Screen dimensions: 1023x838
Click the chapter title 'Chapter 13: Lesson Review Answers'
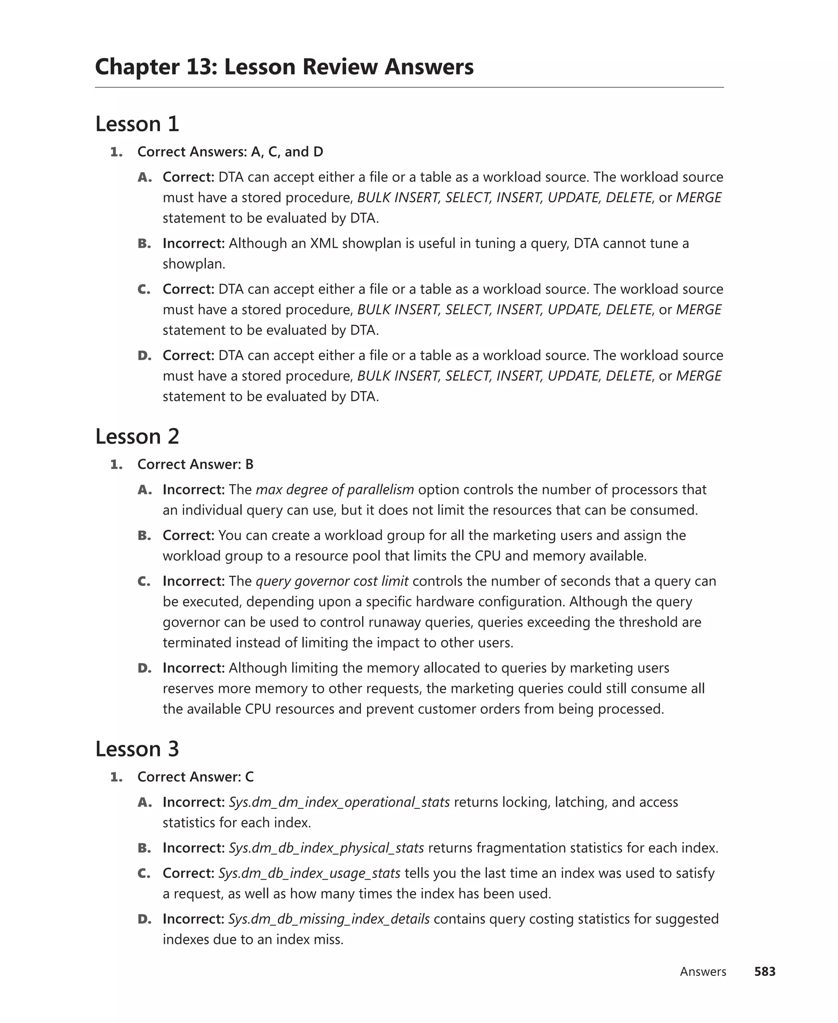(x=284, y=67)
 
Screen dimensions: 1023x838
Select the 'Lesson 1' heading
(x=137, y=124)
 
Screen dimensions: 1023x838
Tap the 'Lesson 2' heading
(x=137, y=437)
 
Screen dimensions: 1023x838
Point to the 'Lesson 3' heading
(x=137, y=749)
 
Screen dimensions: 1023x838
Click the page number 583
(x=765, y=971)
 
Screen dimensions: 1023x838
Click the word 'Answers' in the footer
(x=703, y=971)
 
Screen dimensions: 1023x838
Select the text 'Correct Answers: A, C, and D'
(x=230, y=152)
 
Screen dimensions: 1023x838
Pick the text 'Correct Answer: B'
(x=196, y=464)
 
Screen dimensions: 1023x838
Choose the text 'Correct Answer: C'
(x=196, y=776)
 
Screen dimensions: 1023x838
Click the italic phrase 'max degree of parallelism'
(x=335, y=489)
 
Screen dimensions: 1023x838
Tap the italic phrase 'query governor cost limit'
(x=332, y=581)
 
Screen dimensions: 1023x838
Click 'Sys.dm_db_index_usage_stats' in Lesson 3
(x=309, y=873)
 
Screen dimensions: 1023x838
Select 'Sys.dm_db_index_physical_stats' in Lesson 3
(x=326, y=848)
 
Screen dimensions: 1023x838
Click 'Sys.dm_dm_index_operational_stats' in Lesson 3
(x=339, y=802)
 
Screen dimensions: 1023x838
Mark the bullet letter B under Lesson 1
(x=144, y=243)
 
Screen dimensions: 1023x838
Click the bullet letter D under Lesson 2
(x=144, y=668)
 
